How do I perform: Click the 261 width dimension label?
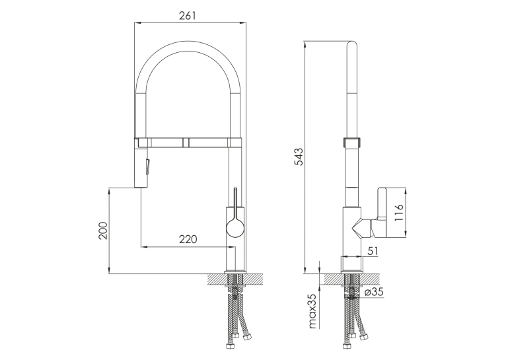click(188, 15)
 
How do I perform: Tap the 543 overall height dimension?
click(299, 157)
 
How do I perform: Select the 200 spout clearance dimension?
click(103, 231)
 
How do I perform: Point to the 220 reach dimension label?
click(188, 239)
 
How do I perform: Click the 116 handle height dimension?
click(399, 213)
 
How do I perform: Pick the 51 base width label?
click(373, 250)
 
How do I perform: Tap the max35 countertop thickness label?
click(312, 310)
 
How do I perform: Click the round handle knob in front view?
click(235, 228)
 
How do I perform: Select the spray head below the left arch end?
click(141, 167)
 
